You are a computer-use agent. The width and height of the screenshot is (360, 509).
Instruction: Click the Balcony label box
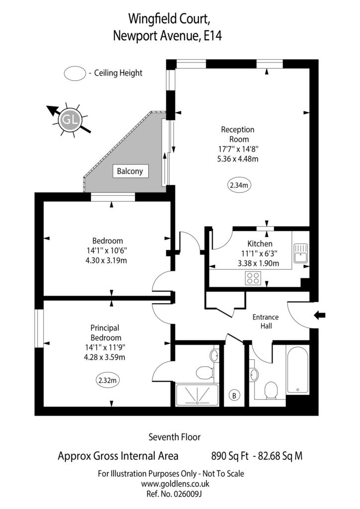click(x=130, y=171)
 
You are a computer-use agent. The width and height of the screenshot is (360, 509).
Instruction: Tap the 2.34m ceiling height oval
click(x=239, y=185)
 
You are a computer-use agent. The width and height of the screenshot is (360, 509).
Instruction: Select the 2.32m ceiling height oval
click(x=107, y=380)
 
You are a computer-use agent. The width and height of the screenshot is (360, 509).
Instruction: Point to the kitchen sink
click(x=301, y=253)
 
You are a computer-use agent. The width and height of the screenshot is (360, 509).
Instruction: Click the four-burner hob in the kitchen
click(x=253, y=278)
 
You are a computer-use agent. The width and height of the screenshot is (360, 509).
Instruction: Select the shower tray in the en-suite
click(x=197, y=394)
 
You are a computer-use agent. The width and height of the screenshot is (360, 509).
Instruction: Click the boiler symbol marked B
click(x=234, y=395)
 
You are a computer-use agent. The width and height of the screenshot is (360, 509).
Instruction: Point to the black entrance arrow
click(x=319, y=315)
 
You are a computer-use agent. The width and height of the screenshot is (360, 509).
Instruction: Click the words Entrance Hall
click(x=266, y=322)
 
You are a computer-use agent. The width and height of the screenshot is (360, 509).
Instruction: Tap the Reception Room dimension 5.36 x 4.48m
click(x=238, y=159)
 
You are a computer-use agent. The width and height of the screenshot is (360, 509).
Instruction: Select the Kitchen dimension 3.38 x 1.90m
click(x=259, y=263)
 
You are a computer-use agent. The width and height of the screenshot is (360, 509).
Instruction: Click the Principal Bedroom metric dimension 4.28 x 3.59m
click(x=104, y=357)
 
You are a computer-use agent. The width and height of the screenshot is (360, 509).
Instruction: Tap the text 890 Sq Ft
click(x=230, y=456)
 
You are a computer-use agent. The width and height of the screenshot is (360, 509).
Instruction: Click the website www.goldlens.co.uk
click(x=175, y=484)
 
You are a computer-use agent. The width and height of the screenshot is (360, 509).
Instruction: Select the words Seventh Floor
click(x=175, y=437)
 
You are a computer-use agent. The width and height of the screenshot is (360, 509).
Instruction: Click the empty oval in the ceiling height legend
click(x=75, y=73)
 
